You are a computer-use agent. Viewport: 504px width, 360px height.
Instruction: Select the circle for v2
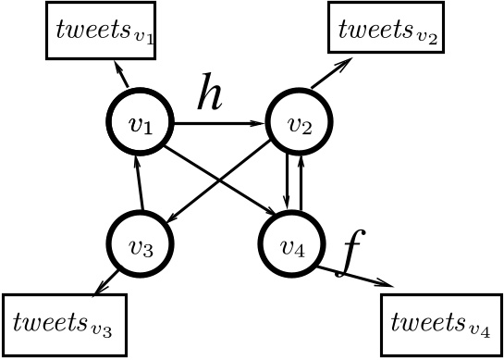click(298, 122)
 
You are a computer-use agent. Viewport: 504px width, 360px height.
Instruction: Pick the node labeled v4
click(292, 244)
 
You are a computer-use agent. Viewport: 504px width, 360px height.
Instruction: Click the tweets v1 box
click(101, 30)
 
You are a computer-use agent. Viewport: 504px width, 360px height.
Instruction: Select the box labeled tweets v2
click(386, 28)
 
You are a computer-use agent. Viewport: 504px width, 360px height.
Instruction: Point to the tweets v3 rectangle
click(63, 325)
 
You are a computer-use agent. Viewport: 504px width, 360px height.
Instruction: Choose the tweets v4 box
click(440, 325)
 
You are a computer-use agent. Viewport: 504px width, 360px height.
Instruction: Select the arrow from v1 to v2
click(217, 122)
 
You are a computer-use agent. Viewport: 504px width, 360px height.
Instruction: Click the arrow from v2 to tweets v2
click(330, 74)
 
